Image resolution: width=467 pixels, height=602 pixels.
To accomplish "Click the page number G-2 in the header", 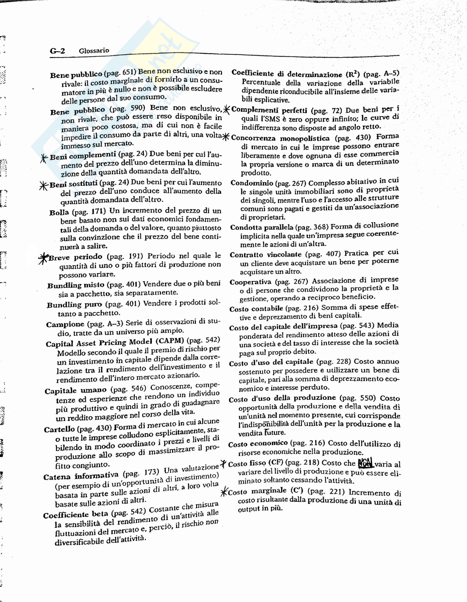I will tap(57, 51).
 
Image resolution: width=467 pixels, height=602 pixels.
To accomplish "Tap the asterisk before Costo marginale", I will tap(224, 491).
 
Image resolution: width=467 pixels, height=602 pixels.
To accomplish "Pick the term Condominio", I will tap(252, 183).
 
